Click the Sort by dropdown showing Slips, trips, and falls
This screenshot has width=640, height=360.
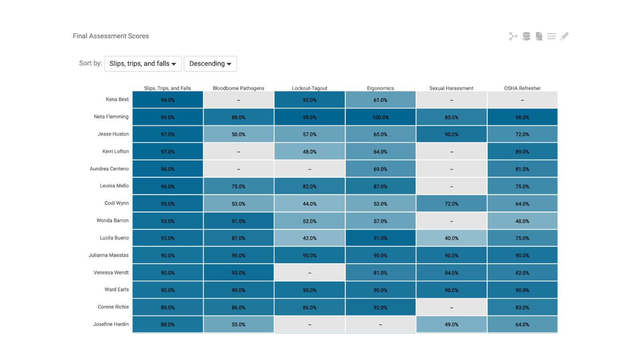(x=143, y=64)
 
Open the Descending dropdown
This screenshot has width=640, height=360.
(x=210, y=64)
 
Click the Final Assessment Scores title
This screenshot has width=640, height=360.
(x=111, y=36)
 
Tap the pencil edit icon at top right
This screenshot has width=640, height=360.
(x=564, y=36)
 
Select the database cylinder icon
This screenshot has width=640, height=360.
(x=526, y=36)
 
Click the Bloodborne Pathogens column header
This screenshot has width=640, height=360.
(x=238, y=88)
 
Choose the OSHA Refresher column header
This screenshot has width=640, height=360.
(x=522, y=88)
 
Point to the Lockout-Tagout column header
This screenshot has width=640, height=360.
(x=309, y=88)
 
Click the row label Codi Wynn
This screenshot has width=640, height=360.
(x=116, y=203)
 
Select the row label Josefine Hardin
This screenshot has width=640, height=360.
(x=111, y=324)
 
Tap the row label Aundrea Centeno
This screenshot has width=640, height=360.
(x=109, y=169)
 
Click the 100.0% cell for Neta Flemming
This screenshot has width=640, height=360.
(x=380, y=117)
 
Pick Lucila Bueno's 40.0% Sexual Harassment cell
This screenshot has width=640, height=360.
(x=451, y=238)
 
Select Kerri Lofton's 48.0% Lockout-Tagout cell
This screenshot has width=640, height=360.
(x=309, y=152)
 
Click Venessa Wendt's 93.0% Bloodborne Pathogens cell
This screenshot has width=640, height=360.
(x=238, y=273)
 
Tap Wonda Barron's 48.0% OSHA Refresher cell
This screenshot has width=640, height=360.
(x=522, y=221)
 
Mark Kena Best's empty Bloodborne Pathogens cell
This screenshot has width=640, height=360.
(x=238, y=100)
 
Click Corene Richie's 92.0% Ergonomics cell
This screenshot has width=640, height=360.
(x=380, y=307)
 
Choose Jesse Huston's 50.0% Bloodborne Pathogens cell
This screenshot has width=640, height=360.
(x=238, y=134)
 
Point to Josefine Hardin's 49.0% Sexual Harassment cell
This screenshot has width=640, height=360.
(x=451, y=324)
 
